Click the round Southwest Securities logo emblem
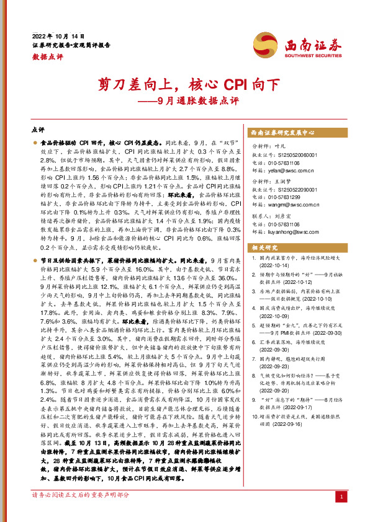263,44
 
